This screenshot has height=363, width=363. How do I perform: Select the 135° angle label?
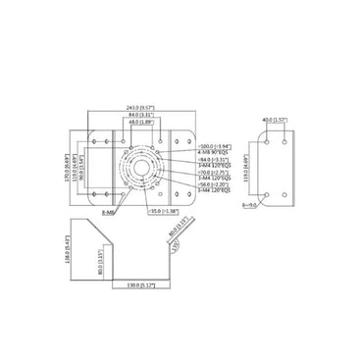coord(174,248)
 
